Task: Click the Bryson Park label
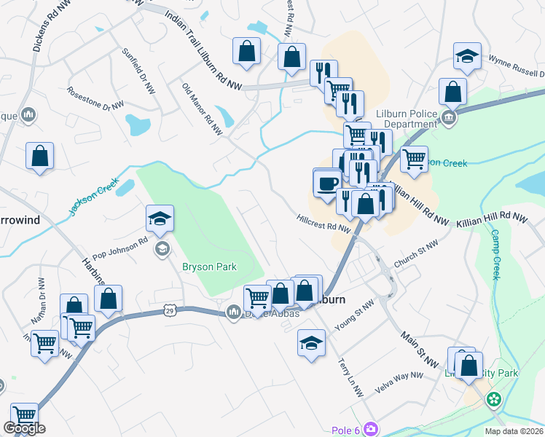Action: pos(209,267)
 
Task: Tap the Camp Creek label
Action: pos(495,255)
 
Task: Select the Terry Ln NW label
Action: pos(350,377)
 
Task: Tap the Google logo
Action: pos(24,428)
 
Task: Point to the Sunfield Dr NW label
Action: pos(138,71)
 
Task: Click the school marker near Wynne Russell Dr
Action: pos(466,57)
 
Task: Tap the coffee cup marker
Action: pos(328,183)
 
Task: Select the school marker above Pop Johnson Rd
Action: pos(160,219)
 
